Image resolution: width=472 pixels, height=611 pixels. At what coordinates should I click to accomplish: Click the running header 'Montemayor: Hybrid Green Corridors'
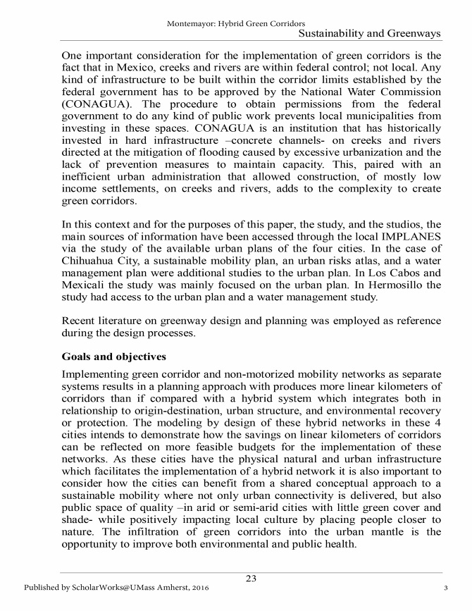[x=236, y=23]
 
